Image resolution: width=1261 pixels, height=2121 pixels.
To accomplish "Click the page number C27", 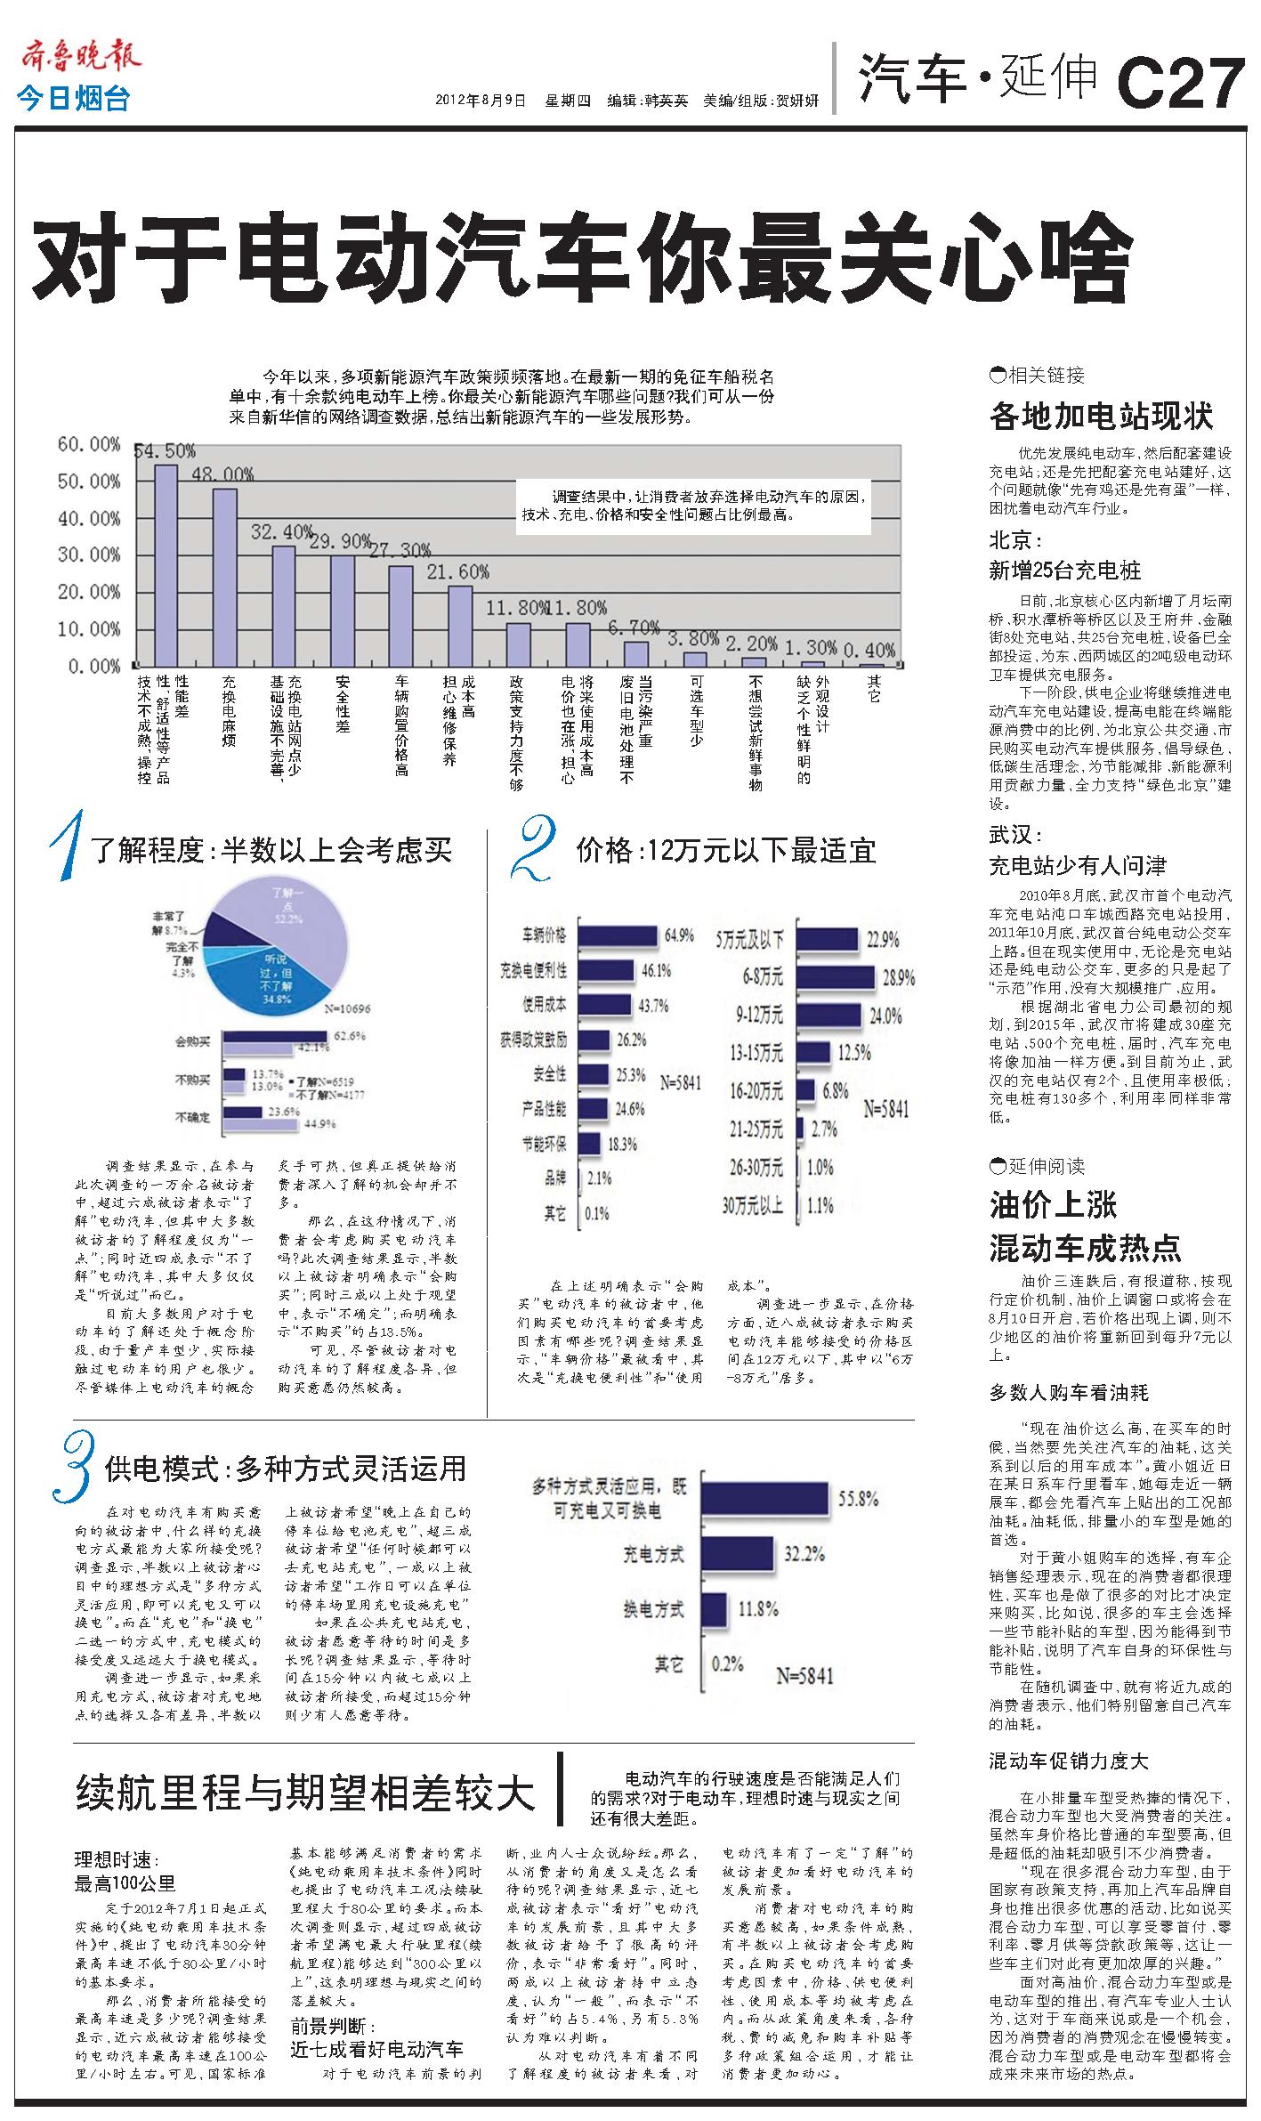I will [1181, 82].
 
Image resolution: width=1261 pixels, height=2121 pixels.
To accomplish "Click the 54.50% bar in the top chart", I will [166, 564].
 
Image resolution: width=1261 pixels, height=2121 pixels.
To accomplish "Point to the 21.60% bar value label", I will [458, 571].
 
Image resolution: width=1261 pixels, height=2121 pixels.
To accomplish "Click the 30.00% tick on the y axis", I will [88, 555].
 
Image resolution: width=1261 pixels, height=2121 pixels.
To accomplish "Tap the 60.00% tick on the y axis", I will [88, 444].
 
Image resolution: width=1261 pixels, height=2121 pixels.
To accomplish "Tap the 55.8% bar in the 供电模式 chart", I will [766, 1500].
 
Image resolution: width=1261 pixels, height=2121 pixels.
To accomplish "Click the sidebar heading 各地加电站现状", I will [1101, 416].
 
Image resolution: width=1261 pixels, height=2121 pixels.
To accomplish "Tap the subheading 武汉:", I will [1015, 835].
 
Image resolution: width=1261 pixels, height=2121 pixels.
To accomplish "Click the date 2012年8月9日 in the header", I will [481, 101].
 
